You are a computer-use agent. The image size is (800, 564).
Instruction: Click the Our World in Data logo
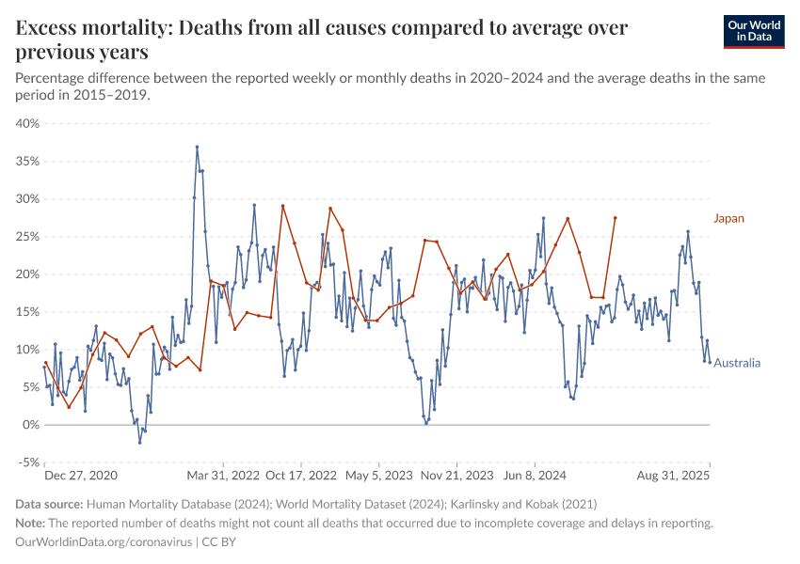[755, 31]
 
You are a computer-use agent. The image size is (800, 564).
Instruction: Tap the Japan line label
[728, 218]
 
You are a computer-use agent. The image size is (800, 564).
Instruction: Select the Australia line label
[737, 363]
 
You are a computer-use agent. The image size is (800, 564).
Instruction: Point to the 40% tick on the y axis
[27, 123]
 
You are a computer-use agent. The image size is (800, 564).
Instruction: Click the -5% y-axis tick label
[27, 462]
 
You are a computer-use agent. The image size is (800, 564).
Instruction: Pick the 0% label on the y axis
[30, 425]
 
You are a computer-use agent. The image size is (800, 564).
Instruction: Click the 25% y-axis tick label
[27, 236]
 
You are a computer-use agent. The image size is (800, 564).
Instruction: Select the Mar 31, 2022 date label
[223, 476]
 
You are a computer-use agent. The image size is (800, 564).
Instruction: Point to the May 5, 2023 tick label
[377, 476]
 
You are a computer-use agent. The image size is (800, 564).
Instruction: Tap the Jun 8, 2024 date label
[534, 476]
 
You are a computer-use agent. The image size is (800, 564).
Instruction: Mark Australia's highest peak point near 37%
[197, 147]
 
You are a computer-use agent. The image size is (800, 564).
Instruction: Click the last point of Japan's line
[615, 218]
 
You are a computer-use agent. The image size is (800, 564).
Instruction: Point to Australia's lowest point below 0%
[139, 442]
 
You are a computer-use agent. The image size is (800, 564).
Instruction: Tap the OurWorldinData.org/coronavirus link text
[104, 542]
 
